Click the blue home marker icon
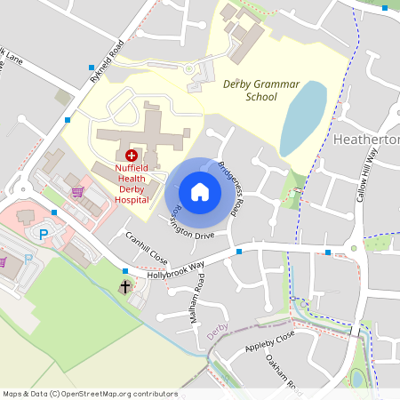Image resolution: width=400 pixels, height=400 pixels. click(x=200, y=192)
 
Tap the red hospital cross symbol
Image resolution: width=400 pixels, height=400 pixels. click(x=132, y=155)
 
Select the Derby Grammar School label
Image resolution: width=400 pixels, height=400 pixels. click(x=262, y=89)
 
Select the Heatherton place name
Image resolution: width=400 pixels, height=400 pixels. click(x=366, y=140)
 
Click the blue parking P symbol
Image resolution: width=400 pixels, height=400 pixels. click(x=44, y=234)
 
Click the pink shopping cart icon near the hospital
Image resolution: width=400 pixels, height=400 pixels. click(x=77, y=190)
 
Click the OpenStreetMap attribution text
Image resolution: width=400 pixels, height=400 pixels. click(x=89, y=394)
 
